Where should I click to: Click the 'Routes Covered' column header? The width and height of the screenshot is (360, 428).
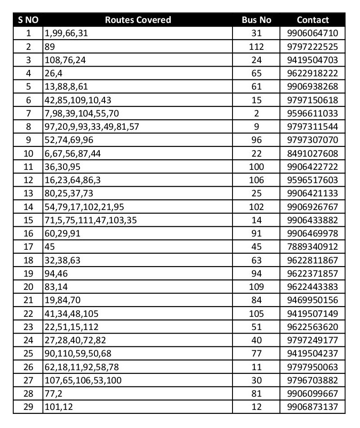[x=138, y=20]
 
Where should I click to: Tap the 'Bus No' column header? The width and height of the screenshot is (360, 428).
[x=256, y=20]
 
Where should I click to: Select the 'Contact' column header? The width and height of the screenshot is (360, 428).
[x=312, y=20]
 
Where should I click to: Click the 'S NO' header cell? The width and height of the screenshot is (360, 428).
[x=28, y=20]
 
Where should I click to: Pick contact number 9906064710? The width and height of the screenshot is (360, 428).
[x=312, y=33]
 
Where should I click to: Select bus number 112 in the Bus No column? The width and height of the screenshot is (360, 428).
[x=256, y=46]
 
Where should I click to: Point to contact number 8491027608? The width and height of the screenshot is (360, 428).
[x=312, y=154]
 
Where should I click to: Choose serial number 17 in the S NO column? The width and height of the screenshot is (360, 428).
[x=28, y=247]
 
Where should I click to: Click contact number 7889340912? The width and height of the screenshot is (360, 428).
[x=312, y=247]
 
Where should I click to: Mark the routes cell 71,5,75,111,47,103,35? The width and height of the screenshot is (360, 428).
[x=90, y=220]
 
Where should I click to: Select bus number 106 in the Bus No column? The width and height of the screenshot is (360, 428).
[x=256, y=180]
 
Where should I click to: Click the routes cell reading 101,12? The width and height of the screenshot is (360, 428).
[x=59, y=407]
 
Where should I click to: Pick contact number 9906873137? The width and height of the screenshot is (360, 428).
[x=312, y=407]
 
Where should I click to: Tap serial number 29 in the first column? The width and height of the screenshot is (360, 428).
[x=28, y=407]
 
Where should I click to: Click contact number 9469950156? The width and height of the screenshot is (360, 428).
[x=312, y=300]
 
